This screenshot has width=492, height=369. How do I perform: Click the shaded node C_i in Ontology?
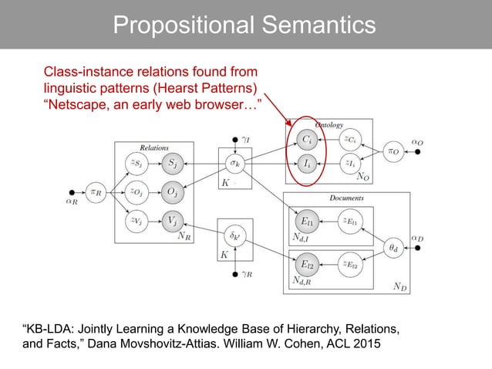click(x=307, y=140)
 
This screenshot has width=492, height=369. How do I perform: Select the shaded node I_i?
click(x=307, y=164)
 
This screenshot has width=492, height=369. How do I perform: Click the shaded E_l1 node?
click(x=307, y=221)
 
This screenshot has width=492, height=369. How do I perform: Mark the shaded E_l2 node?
click(x=307, y=265)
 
